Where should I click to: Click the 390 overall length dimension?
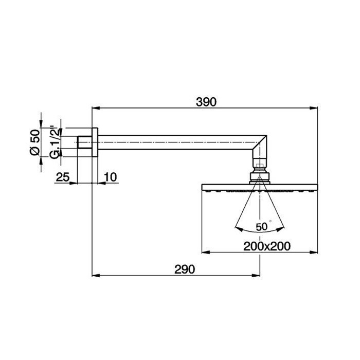click(x=207, y=101)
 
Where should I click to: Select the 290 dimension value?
click(x=185, y=268)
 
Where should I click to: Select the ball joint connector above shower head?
click(x=259, y=174)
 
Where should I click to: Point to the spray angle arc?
click(x=259, y=228)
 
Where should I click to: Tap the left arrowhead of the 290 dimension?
click(x=95, y=276)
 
